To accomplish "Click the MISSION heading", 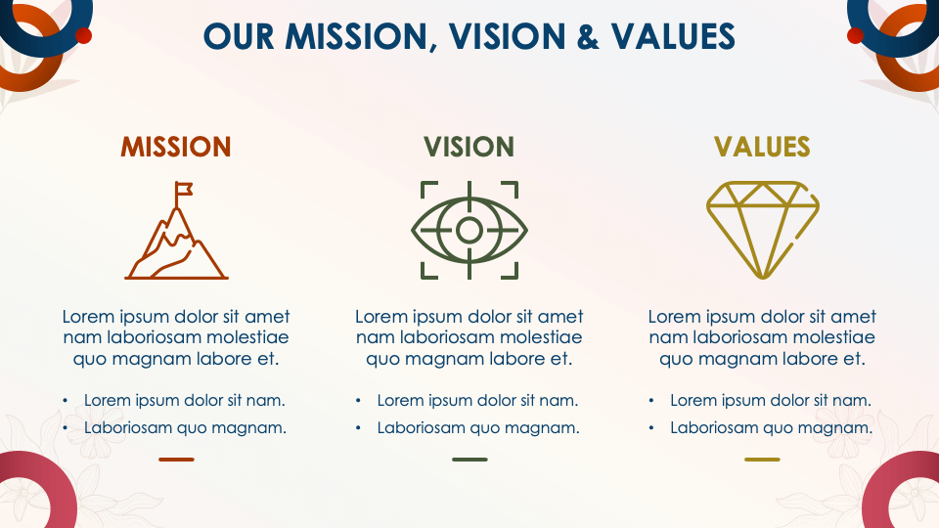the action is click(x=175, y=147).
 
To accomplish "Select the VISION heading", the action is click(x=469, y=147).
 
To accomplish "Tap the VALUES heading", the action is click(x=762, y=147).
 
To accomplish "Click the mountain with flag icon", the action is click(x=176, y=231).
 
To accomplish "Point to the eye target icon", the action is click(x=469, y=231).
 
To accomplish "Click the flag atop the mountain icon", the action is click(x=184, y=189).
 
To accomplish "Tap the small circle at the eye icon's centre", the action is click(x=469, y=230).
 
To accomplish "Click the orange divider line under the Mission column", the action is click(x=176, y=460).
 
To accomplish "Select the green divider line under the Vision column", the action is click(x=469, y=460).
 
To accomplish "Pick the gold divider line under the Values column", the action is click(x=762, y=460).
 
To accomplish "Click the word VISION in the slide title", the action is click(x=508, y=36).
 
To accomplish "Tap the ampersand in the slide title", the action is click(x=588, y=36).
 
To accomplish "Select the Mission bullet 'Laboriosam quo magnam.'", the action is click(x=185, y=428).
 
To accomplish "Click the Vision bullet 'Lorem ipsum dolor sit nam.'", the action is click(x=478, y=401).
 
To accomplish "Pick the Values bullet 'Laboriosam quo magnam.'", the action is click(x=772, y=428).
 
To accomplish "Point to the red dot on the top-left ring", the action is click(x=84, y=36).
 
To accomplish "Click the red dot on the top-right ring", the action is click(x=855, y=36).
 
